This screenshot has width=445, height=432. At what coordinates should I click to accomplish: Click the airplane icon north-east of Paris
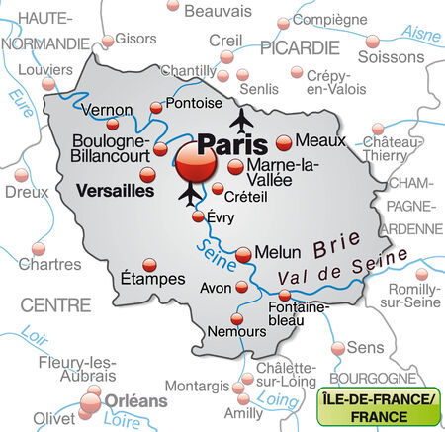click(x=241, y=121)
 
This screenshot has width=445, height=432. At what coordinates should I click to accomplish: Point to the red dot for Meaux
click(x=284, y=142)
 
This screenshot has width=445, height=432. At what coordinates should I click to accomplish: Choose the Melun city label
click(x=277, y=253)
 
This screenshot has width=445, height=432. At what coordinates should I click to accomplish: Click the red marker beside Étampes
click(x=150, y=265)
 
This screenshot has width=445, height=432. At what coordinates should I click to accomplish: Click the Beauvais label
click(x=218, y=11)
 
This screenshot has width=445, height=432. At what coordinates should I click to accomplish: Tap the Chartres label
click(x=49, y=265)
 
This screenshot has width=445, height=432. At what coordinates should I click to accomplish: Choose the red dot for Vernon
click(x=110, y=126)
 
